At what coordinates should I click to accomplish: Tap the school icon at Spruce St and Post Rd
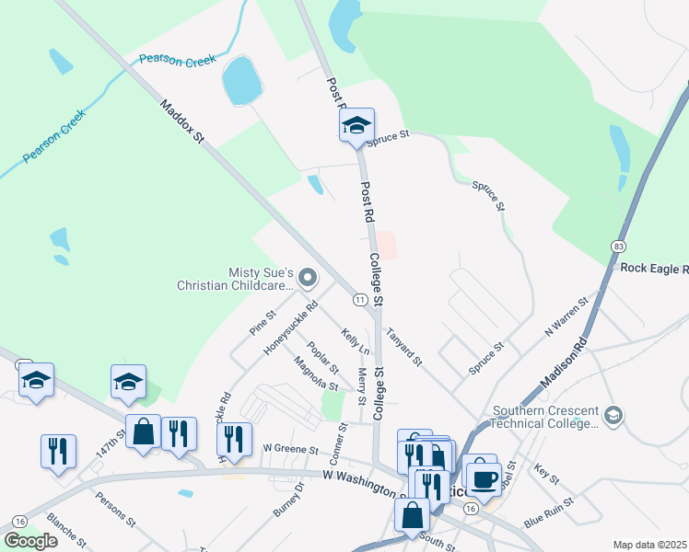click(x=356, y=127)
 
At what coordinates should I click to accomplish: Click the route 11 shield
click(x=360, y=300)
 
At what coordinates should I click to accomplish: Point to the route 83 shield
click(x=618, y=247)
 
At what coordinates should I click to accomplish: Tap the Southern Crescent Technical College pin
click(x=612, y=416)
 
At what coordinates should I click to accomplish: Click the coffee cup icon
click(x=484, y=477)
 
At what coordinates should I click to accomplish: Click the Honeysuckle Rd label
click(x=290, y=328)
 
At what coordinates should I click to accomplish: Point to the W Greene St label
click(x=289, y=450)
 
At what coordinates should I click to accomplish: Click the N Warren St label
click(x=566, y=316)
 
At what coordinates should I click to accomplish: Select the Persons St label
click(x=115, y=508)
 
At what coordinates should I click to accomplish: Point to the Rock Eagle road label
click(x=654, y=269)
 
